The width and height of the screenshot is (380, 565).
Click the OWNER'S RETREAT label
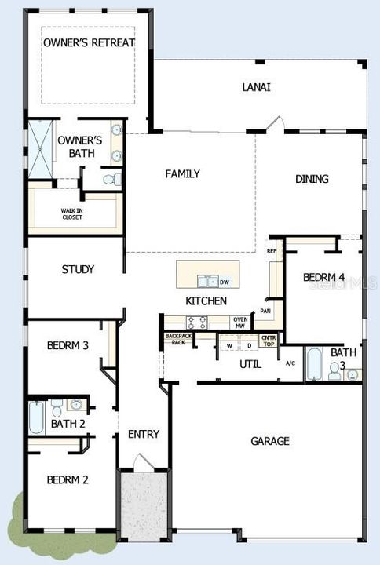tap(89, 42)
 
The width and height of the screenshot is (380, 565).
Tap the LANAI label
tap(256, 87)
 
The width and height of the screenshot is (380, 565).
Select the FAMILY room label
tap(182, 174)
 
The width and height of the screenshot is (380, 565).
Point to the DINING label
tap(312, 179)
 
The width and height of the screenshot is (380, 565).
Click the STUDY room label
tap(78, 269)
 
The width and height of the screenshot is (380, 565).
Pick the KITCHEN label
tap(206, 301)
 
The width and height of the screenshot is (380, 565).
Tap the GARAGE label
tap(270, 441)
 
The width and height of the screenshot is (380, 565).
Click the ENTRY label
tap(144, 434)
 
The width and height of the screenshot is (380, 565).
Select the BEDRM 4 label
tap(324, 277)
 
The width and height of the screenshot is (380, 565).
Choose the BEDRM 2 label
tap(67, 479)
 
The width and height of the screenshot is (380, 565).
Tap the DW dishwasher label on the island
tap(225, 282)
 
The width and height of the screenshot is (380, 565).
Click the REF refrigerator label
tap(272, 251)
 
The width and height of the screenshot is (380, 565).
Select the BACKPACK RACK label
tap(178, 339)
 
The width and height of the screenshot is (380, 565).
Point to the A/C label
tap(290, 363)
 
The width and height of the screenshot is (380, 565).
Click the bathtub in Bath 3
tap(312, 364)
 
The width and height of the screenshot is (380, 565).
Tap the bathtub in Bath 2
tap(37, 417)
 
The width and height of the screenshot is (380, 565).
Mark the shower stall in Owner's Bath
tap(39, 150)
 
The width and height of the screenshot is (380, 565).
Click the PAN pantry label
tap(266, 311)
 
